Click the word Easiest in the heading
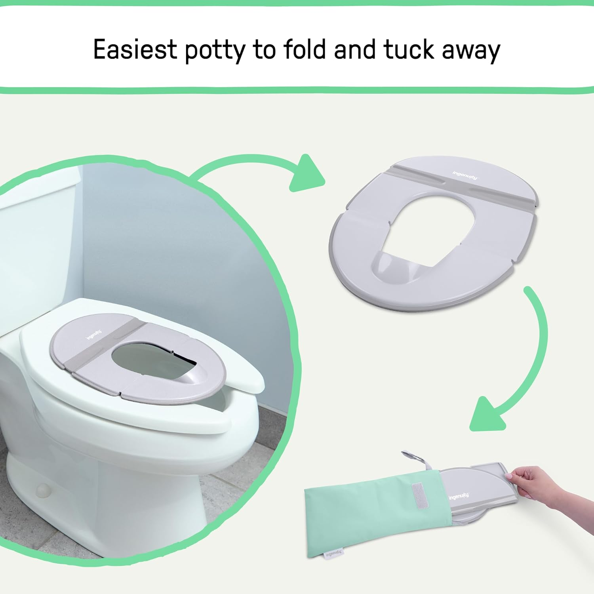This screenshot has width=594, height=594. click(x=135, y=50)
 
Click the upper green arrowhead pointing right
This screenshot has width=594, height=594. click(x=307, y=174)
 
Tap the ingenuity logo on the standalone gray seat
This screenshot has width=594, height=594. click(x=465, y=175)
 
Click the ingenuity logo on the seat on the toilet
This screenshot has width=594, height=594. click(x=94, y=335)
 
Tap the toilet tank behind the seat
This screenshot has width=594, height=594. click(x=36, y=246)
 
